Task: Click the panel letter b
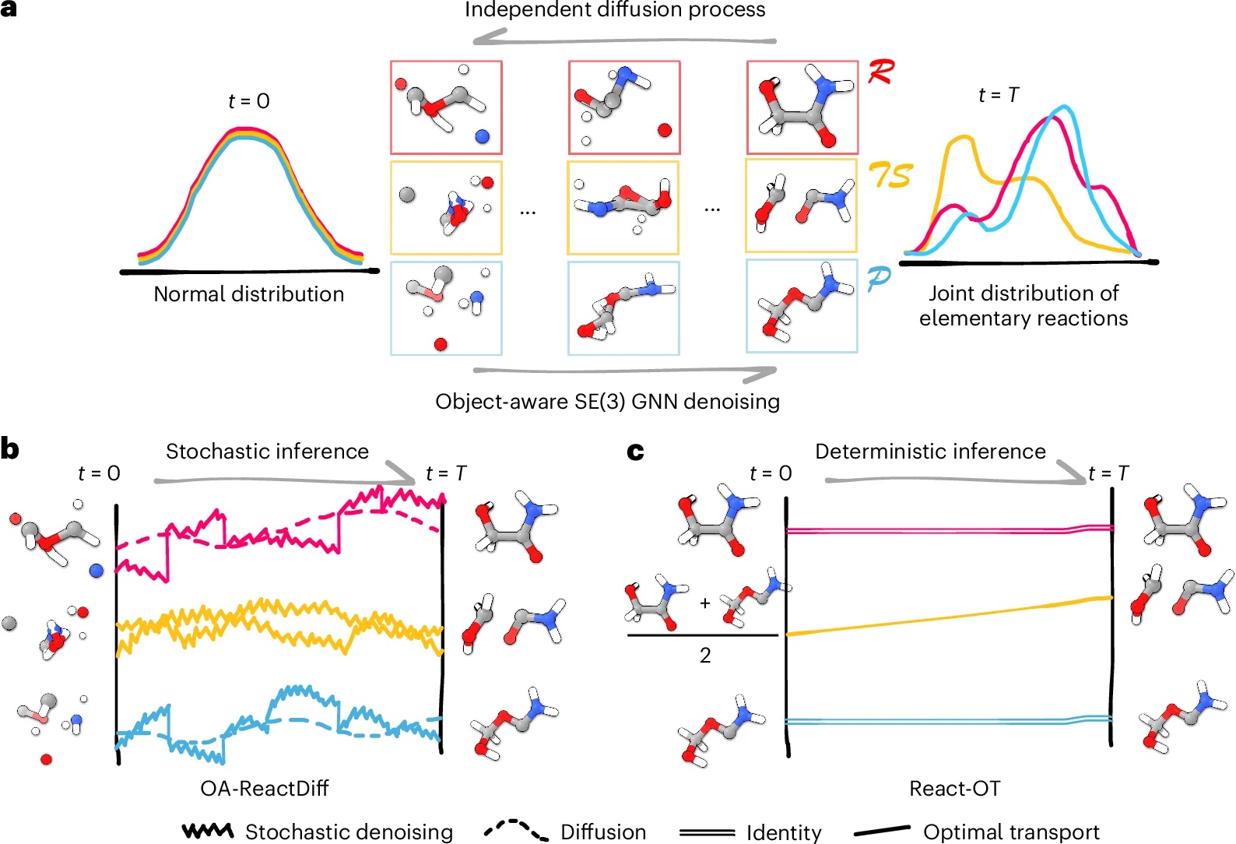click(x=9, y=449)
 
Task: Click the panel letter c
click(x=635, y=451)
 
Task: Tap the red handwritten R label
click(x=881, y=72)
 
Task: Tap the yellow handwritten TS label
click(x=890, y=175)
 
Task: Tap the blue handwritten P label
click(x=879, y=278)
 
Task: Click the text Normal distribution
click(x=248, y=294)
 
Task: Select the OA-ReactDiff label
click(x=265, y=789)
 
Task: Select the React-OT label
click(x=954, y=789)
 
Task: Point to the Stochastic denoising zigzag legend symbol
click(x=207, y=831)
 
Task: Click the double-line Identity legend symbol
click(x=707, y=832)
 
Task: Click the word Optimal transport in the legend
click(x=1010, y=832)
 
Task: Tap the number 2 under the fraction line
click(x=705, y=656)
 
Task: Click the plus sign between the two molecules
click(x=705, y=603)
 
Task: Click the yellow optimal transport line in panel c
click(x=950, y=615)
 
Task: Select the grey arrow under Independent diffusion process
click(x=623, y=37)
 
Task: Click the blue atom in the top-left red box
click(x=482, y=136)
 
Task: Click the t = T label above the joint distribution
click(x=998, y=95)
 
